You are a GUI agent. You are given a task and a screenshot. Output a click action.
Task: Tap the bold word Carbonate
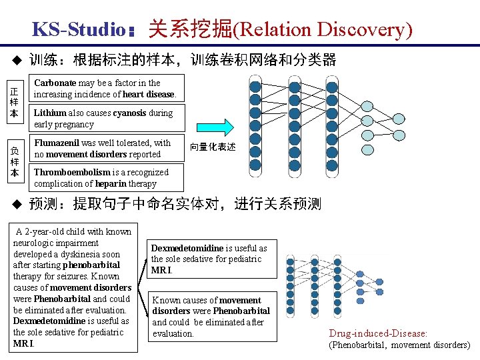tap(55, 83)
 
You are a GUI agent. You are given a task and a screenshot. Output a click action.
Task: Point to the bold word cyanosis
tap(130, 113)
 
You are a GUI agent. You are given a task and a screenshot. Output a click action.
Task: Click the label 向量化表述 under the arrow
tap(213, 147)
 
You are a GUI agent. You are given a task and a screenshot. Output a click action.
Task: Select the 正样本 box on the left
tap(14, 101)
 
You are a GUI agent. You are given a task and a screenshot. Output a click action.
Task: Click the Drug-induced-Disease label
tap(377, 333)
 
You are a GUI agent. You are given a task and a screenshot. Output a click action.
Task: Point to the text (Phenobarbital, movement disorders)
tap(399, 345)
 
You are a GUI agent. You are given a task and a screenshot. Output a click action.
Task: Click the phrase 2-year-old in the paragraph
tap(46, 232)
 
